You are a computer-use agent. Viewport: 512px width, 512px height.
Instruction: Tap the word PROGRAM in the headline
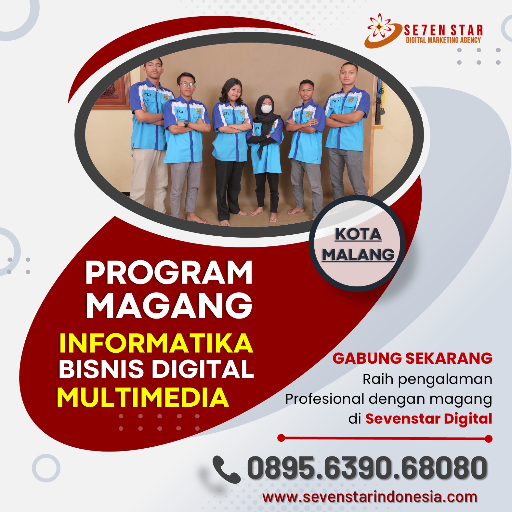click(169, 273)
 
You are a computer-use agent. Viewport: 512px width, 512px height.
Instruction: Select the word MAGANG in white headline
click(169, 305)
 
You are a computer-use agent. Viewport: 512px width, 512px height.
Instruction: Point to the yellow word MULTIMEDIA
click(143, 397)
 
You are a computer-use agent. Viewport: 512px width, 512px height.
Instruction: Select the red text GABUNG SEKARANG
click(412, 358)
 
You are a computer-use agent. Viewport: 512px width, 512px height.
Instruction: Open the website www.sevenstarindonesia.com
click(370, 497)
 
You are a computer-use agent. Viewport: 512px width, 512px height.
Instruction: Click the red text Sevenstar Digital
click(428, 418)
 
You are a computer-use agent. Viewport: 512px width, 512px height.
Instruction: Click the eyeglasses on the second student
click(187, 85)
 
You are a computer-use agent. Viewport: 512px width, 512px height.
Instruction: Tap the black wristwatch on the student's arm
click(186, 123)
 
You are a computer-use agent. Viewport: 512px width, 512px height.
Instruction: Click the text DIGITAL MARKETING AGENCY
click(443, 40)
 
